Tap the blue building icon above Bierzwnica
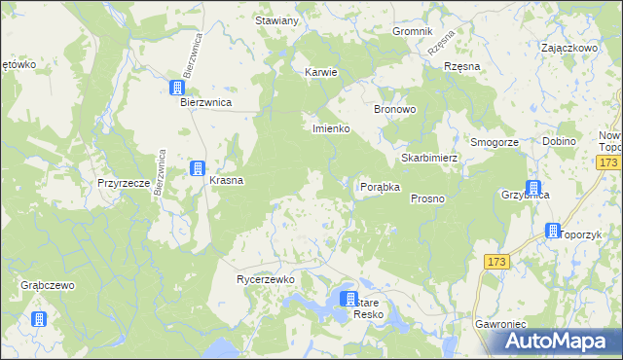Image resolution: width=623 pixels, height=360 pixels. (x=177, y=88)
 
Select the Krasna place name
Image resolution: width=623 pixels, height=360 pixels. (x=226, y=180)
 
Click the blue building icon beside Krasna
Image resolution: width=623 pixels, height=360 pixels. (x=198, y=168)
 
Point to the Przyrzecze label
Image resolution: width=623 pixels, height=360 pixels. (x=123, y=182)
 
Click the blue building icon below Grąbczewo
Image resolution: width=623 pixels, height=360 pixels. (x=39, y=318)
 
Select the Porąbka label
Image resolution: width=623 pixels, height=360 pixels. (x=381, y=187)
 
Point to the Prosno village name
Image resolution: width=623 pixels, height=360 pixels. (x=427, y=198)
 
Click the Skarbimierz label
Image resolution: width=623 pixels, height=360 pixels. (x=429, y=158)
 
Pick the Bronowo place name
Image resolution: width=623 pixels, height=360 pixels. (x=396, y=109)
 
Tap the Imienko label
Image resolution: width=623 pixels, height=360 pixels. (x=330, y=128)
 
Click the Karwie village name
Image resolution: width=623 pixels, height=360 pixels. (x=320, y=72)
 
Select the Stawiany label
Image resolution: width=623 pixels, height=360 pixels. (x=276, y=21)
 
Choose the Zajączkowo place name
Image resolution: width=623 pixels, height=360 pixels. (x=568, y=47)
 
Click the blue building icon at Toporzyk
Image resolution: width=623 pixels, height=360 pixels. (x=553, y=232)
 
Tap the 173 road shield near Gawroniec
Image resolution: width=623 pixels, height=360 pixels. (x=496, y=262)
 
